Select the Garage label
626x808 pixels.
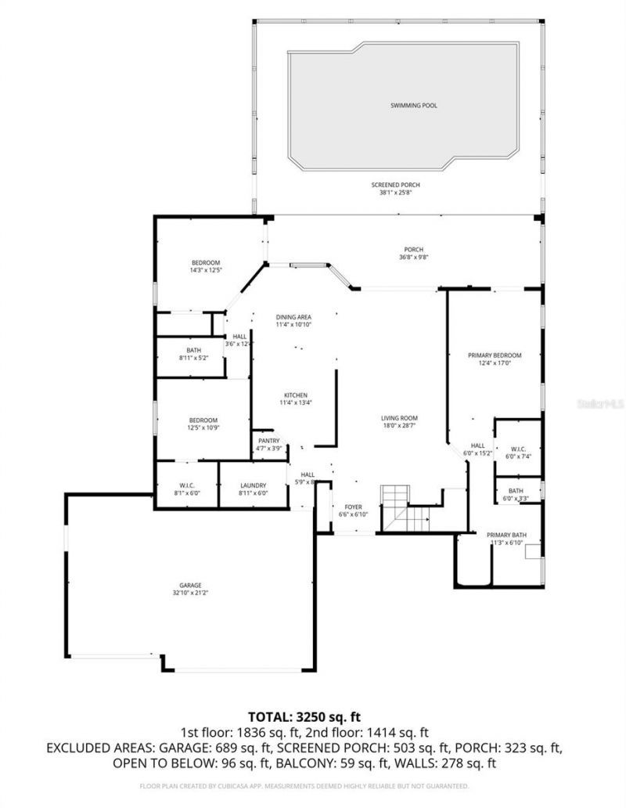click(x=190, y=585)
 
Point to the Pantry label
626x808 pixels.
click(x=268, y=441)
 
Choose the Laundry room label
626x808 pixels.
click(x=253, y=485)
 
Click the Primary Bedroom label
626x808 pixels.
click(x=495, y=355)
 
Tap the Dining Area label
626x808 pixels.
click(x=293, y=316)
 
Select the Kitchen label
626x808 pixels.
click(x=295, y=395)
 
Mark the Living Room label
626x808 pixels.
click(x=399, y=418)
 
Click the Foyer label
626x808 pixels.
click(x=353, y=507)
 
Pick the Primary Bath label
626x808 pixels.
click(x=506, y=535)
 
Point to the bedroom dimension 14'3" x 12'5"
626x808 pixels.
click(x=206, y=270)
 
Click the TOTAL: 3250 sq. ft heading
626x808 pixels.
click(x=304, y=716)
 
